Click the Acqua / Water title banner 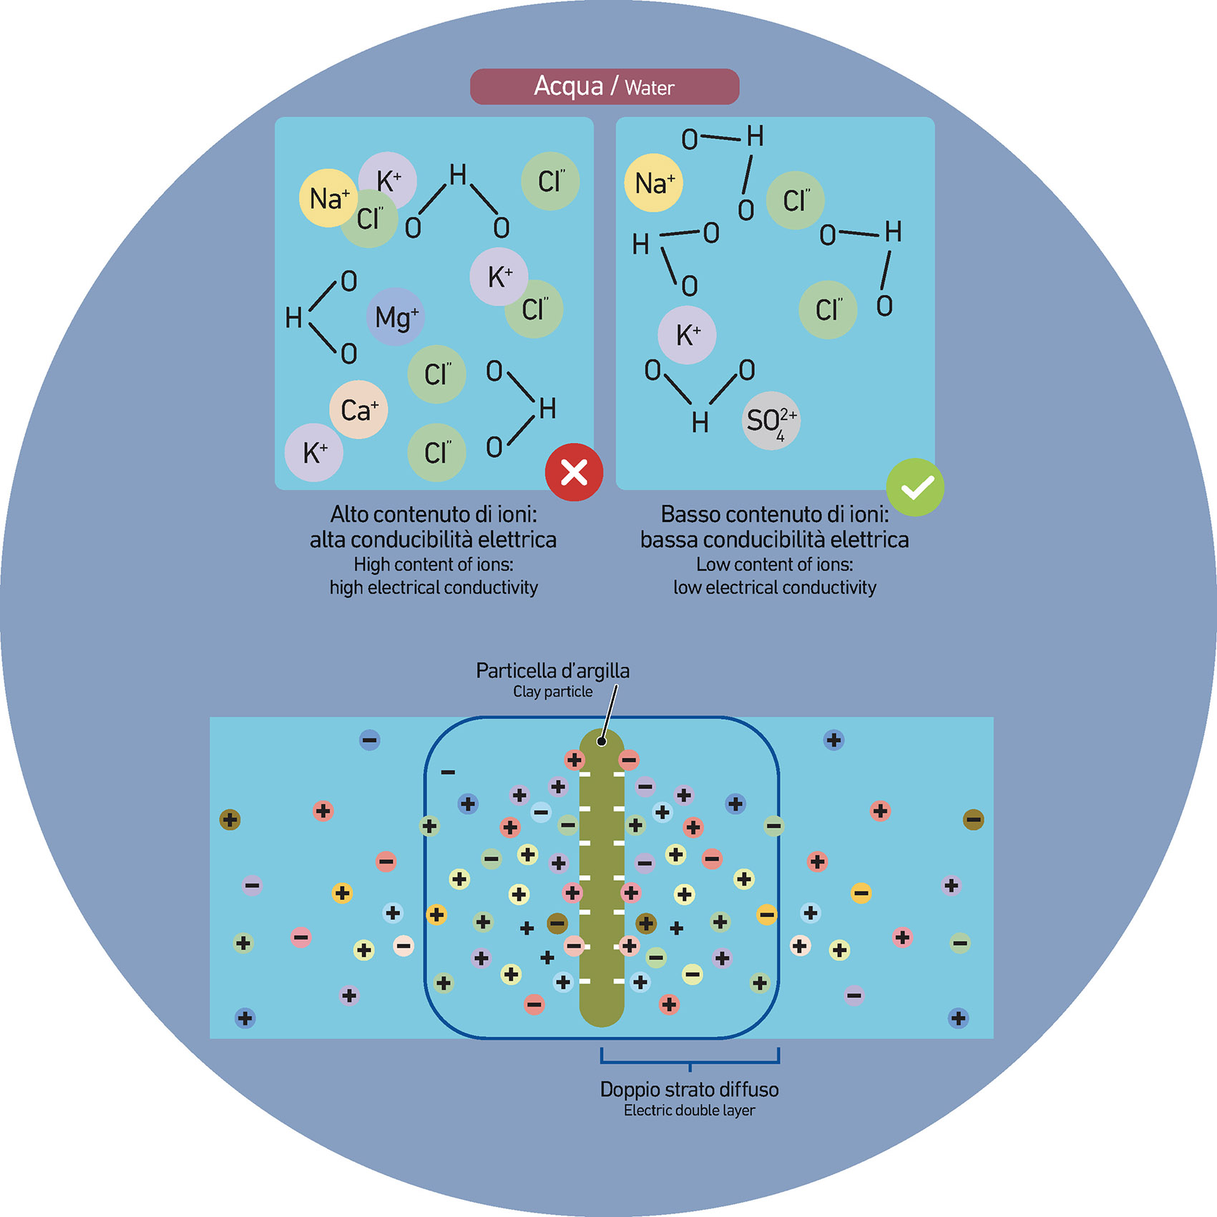pyautogui.click(x=604, y=87)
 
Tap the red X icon pyautogui.click(x=574, y=472)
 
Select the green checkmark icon pyautogui.click(x=915, y=487)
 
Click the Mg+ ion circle pyautogui.click(x=396, y=317)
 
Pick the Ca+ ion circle pyautogui.click(x=358, y=410)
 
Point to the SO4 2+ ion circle pyautogui.click(x=771, y=421)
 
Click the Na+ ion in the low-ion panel pyautogui.click(x=654, y=183)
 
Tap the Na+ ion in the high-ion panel pyautogui.click(x=328, y=198)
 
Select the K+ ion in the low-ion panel pyautogui.click(x=687, y=335)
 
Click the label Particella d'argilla pyautogui.click(x=552, y=670)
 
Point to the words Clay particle pyautogui.click(x=552, y=692)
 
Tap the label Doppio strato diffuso pyautogui.click(x=689, y=1090)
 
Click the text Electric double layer pyautogui.click(x=689, y=1110)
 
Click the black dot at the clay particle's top pyautogui.click(x=602, y=741)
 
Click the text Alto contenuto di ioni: pyautogui.click(x=434, y=514)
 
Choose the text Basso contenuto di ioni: pyautogui.click(x=775, y=514)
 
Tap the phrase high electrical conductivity pyautogui.click(x=434, y=587)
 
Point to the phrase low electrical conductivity pyautogui.click(x=775, y=587)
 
